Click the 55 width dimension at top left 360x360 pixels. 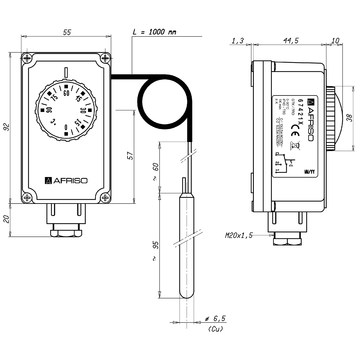pyautogui.click(x=67, y=33)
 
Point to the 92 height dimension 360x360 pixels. pyautogui.click(x=8, y=127)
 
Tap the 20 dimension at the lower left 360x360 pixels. pyautogui.click(x=8, y=219)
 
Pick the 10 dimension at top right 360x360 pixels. pyautogui.click(x=335, y=41)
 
